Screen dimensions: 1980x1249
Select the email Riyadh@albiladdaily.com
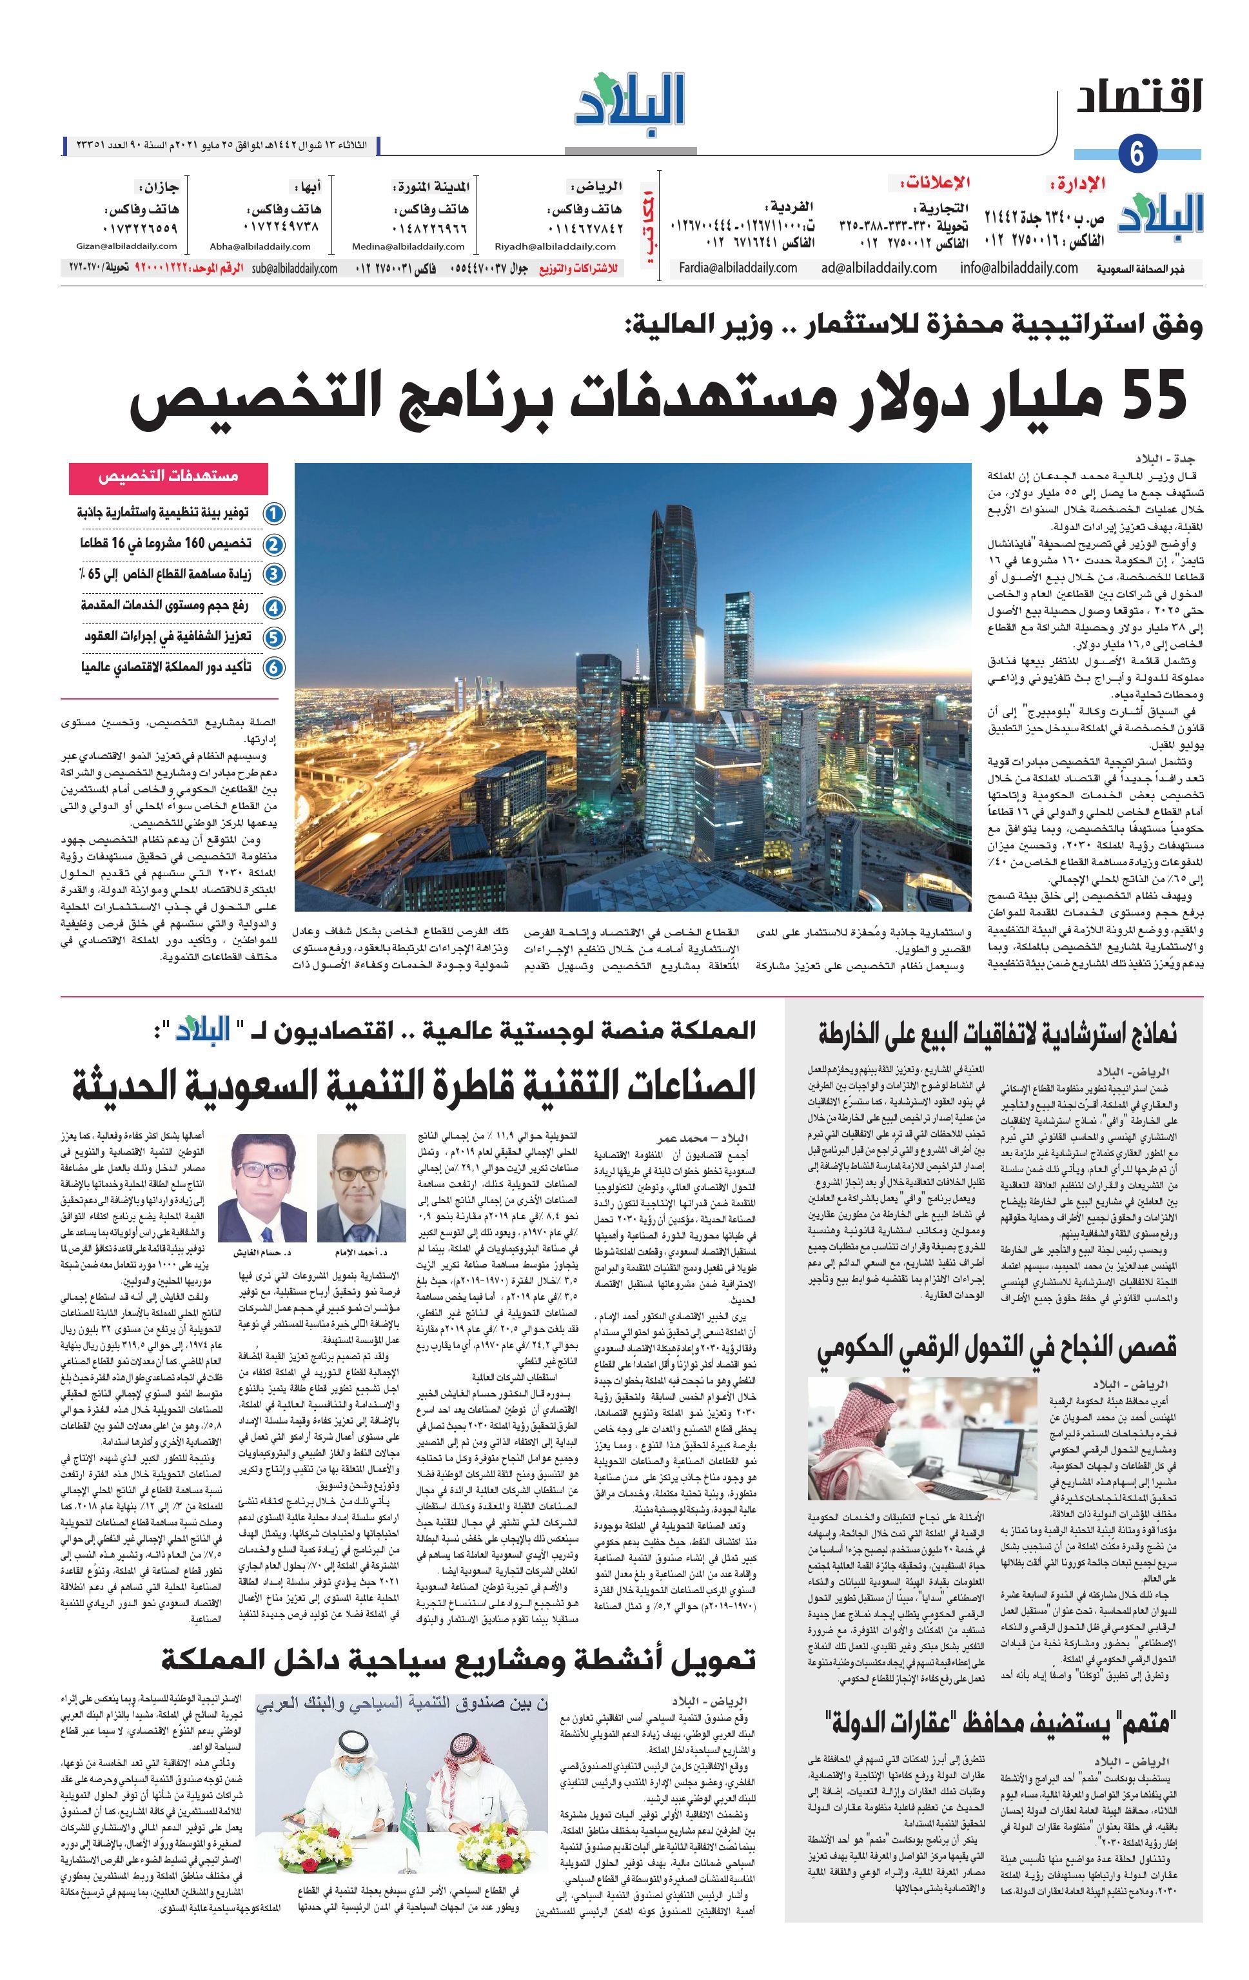pos(544,246)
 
